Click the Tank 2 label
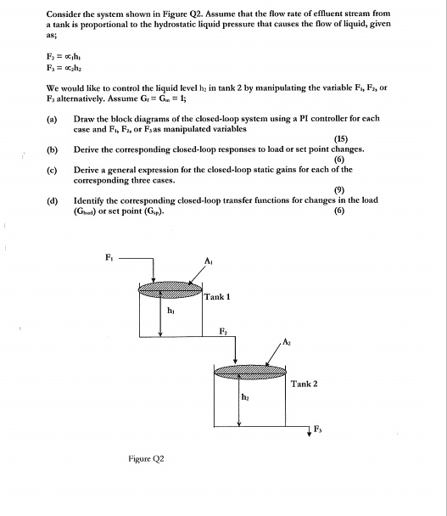[x=303, y=384]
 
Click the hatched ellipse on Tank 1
[x=170, y=289]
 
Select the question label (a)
[x=53, y=119]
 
